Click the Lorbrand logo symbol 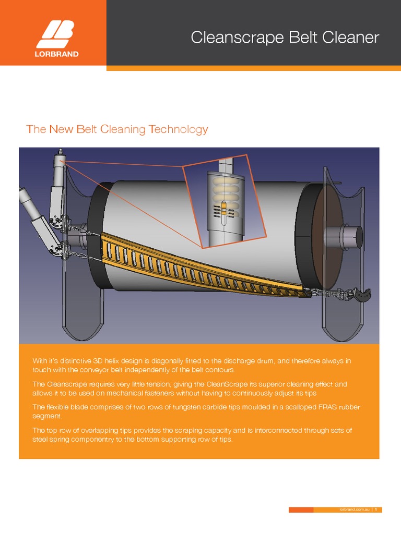57,34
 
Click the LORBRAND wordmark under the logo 57,54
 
